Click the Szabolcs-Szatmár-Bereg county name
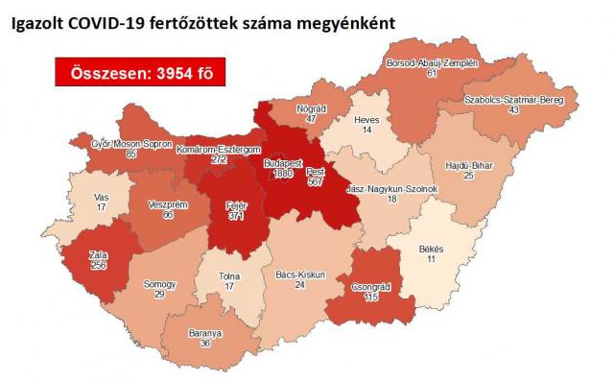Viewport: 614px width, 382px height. [x=517, y=100]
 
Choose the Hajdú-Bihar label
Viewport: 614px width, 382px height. [x=471, y=165]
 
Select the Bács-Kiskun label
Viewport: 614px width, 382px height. [x=299, y=275]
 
